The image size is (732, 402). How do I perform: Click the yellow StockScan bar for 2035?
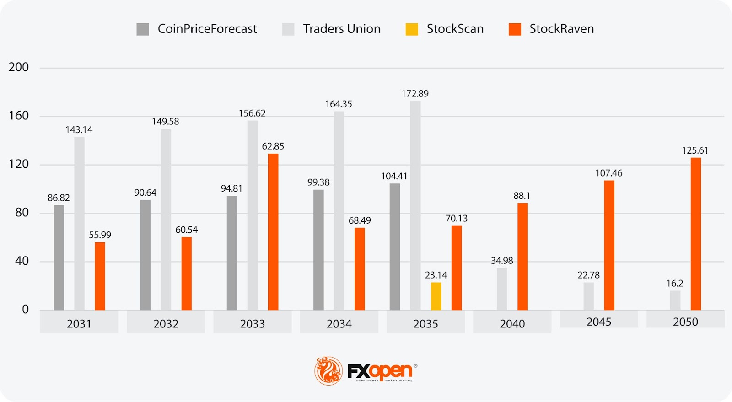pyautogui.click(x=436, y=296)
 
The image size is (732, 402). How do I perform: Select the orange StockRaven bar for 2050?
pyautogui.click(x=695, y=234)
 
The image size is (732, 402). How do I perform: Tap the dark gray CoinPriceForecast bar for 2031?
pyautogui.click(x=59, y=257)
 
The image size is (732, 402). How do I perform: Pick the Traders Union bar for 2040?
pyautogui.click(x=502, y=289)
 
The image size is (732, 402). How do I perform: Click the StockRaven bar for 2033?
pyautogui.click(x=273, y=232)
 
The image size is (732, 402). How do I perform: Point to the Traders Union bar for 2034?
pyautogui.click(x=339, y=211)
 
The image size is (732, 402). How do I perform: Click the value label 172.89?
pyautogui.click(x=415, y=94)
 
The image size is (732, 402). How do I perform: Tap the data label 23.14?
pyautogui.click(x=436, y=275)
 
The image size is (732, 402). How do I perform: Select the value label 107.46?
pyautogui.click(x=608, y=173)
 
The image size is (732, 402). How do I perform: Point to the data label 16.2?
pyautogui.click(x=675, y=284)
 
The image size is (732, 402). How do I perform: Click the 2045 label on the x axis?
pyautogui.click(x=598, y=322)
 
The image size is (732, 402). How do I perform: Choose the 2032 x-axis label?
pyautogui.click(x=166, y=324)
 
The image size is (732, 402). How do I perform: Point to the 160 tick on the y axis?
pyautogui.click(x=19, y=116)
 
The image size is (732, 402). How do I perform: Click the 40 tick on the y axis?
pyautogui.click(x=22, y=261)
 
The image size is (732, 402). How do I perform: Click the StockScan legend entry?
pyautogui.click(x=455, y=29)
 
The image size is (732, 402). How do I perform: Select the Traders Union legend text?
pyautogui.click(x=342, y=29)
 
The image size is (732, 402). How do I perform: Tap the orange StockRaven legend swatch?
pyautogui.click(x=515, y=29)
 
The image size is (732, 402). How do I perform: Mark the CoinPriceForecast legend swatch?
pyautogui.click(x=143, y=29)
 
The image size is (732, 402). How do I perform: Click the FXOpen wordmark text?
pyautogui.click(x=380, y=371)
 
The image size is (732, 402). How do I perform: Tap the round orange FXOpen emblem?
pyautogui.click(x=328, y=370)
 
